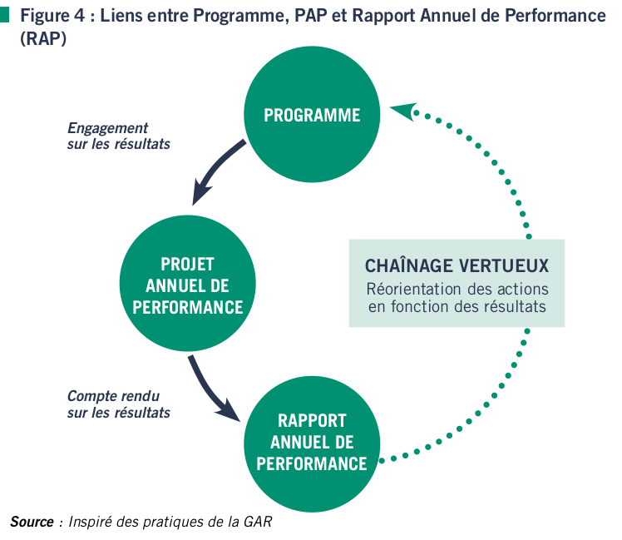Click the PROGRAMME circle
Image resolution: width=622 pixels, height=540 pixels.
point(312,116)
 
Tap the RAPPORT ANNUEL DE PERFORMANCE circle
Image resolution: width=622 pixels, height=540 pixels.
point(312,441)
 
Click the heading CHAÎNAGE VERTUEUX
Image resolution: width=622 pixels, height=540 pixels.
point(457,265)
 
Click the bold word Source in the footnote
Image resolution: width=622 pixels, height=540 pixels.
point(31,522)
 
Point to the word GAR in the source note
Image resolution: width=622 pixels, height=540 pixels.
point(257,522)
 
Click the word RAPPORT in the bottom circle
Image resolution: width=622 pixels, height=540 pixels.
point(312,420)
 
